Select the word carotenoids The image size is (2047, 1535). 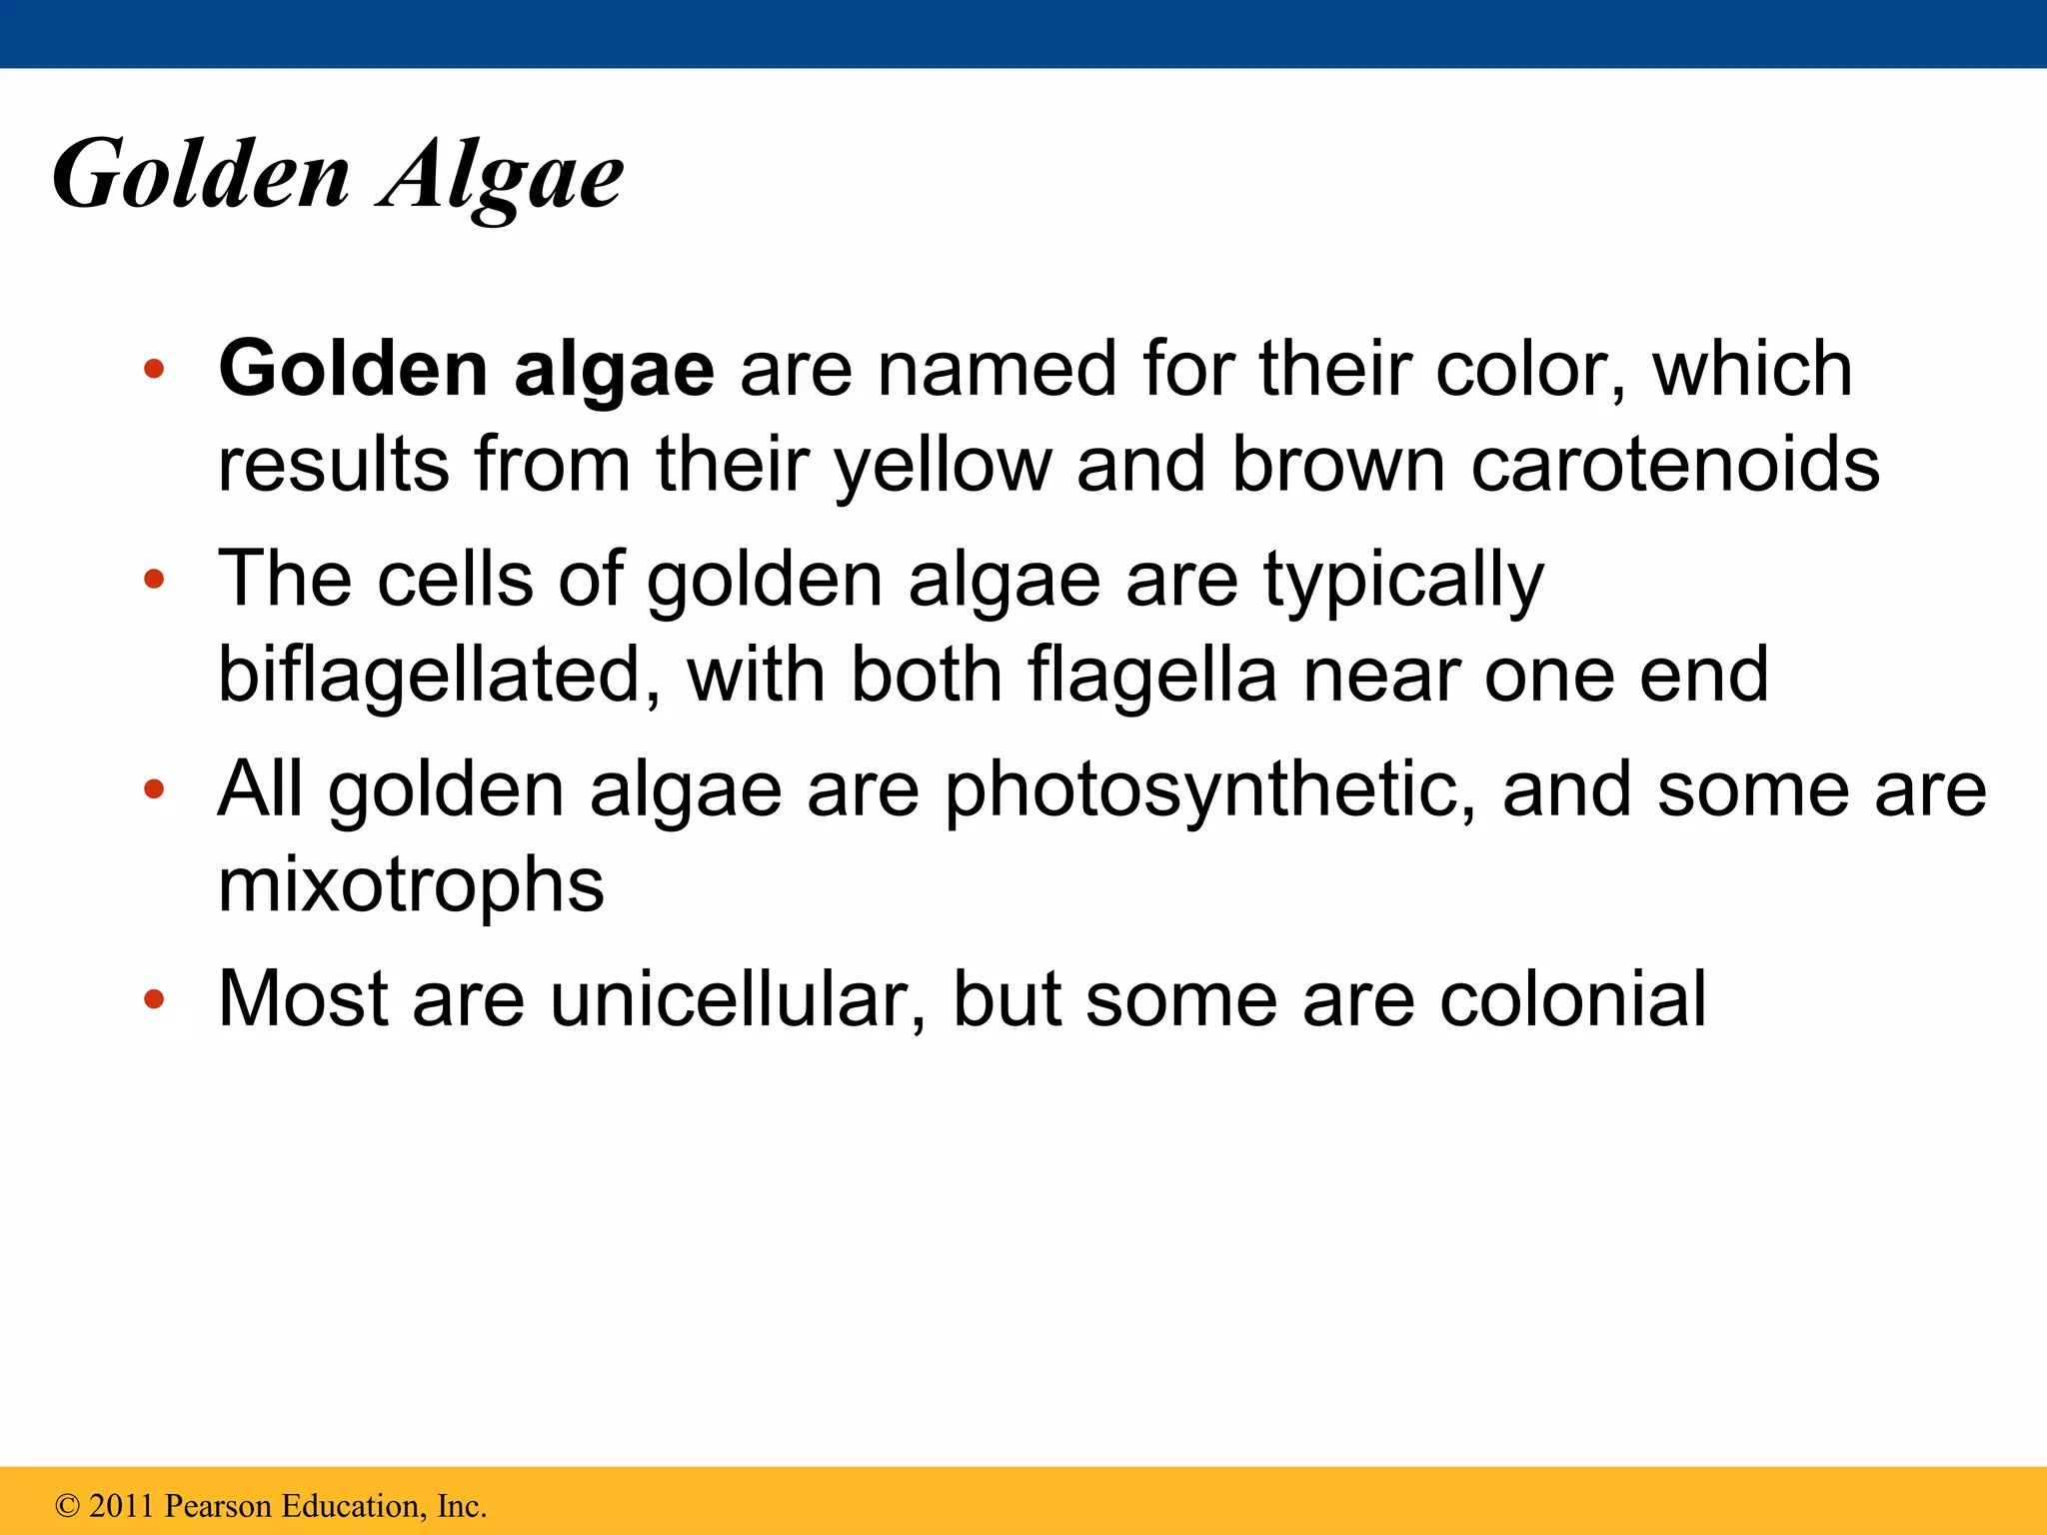coord(1675,465)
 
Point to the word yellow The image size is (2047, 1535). coord(943,465)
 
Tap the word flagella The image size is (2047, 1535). coord(1152,675)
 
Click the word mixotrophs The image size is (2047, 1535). coord(411,885)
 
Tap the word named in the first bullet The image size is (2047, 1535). coord(996,370)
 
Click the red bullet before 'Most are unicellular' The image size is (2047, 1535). coord(153,998)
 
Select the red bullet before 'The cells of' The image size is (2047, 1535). coord(153,580)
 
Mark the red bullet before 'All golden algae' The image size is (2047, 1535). coord(153,789)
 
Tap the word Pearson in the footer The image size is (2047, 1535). coord(218,1506)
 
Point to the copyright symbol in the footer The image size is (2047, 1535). coord(67,1506)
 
